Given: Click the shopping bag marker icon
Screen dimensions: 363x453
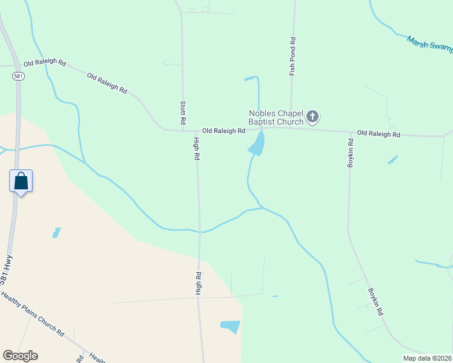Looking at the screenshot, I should [21, 181].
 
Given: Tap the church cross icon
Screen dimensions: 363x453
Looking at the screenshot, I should [312, 116].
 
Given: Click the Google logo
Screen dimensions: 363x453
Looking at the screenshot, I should [20, 356].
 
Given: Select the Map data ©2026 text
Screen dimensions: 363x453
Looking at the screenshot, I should [426, 358].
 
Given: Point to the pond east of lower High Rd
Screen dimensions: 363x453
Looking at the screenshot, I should [231, 327].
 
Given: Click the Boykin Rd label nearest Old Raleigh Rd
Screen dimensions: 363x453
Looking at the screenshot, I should [350, 154].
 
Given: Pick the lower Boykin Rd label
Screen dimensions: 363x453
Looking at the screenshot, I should [375, 300].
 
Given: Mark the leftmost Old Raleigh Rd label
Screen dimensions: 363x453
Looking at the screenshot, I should [44, 64].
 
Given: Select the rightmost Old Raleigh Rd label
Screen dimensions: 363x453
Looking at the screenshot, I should [379, 133].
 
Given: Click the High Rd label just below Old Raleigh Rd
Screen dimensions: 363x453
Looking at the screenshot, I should [196, 149].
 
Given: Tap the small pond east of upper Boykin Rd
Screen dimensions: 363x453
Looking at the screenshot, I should [392, 160].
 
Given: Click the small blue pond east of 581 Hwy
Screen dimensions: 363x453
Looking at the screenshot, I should [56, 232].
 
